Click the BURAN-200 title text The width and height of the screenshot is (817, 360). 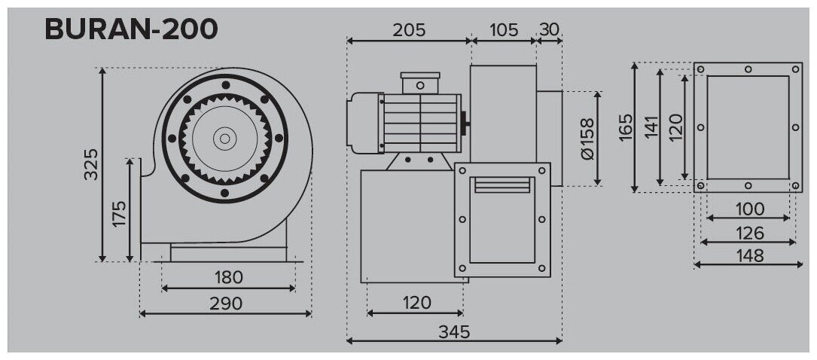click(x=132, y=29)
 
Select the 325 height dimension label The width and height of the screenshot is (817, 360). click(x=91, y=164)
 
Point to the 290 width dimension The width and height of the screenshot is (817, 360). click(x=226, y=303)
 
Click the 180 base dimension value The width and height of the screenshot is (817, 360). click(x=228, y=277)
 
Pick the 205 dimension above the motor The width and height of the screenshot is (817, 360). click(x=409, y=30)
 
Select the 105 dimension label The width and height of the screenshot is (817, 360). click(x=504, y=30)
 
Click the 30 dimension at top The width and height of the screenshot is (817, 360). click(x=550, y=30)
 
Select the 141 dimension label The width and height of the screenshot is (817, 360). click(x=651, y=128)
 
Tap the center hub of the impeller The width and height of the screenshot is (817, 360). click(x=224, y=138)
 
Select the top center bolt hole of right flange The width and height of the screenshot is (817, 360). click(x=748, y=70)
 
